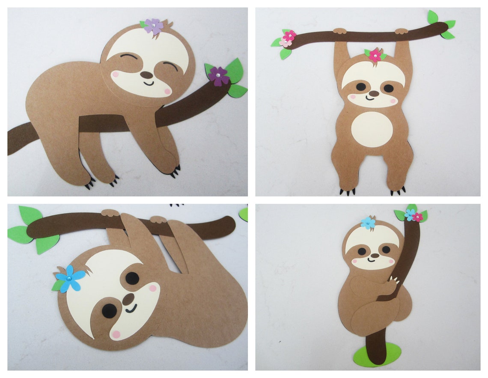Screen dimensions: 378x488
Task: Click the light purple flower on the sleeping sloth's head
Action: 153,27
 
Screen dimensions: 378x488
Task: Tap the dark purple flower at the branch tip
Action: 219,76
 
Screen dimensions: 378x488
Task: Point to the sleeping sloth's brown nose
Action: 146,74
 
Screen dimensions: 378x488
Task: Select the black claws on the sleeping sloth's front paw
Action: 174,172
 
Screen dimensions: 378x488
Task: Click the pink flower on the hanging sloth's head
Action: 375,55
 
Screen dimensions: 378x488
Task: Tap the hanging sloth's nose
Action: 374,93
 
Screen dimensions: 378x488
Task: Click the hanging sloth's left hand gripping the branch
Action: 340,31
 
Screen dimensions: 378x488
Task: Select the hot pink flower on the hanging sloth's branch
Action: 290,35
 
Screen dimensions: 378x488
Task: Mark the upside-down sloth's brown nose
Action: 128,299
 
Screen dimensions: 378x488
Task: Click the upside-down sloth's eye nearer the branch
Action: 132,278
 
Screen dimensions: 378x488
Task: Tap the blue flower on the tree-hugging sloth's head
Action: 367,223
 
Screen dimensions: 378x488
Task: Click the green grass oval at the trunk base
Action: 377,354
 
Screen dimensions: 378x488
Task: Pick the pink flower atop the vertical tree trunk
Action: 417,217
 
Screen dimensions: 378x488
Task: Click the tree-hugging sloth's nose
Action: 375,256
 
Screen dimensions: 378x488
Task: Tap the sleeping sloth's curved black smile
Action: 149,83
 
